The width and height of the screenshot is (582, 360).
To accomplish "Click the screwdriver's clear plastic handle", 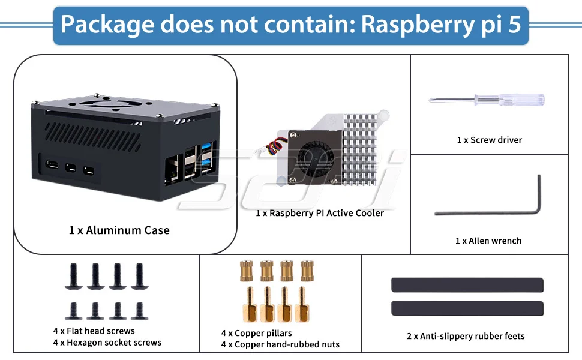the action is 521,100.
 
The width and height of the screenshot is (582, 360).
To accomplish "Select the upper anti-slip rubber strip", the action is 467,285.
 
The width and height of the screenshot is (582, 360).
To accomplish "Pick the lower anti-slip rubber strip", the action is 467,308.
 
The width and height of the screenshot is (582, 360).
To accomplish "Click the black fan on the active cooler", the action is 315,157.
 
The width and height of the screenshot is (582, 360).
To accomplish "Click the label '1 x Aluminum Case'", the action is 119,230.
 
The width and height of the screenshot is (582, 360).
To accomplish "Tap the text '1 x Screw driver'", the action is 489,140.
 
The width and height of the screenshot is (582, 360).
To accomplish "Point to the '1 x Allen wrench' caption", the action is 488,241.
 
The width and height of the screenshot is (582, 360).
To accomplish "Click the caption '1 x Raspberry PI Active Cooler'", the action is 320,213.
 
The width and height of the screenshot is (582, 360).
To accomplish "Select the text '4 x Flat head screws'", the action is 94,331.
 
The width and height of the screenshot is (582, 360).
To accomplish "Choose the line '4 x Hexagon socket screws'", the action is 107,343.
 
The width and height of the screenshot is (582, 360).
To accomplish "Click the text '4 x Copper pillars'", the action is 256,333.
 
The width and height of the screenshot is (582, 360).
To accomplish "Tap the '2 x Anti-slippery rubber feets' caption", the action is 466,336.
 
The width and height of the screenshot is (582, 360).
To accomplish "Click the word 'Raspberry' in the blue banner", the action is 418,25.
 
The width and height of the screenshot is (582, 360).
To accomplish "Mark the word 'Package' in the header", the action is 107,25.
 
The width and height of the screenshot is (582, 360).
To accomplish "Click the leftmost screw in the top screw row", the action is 73,276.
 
